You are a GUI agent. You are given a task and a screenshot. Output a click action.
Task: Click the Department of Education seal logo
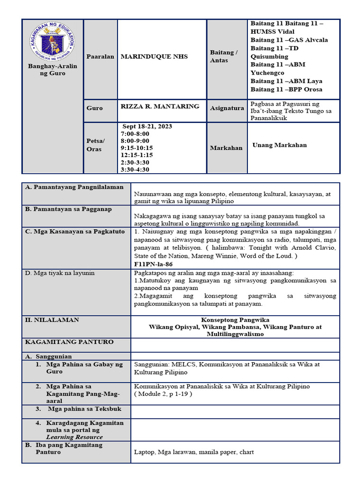click(52, 41)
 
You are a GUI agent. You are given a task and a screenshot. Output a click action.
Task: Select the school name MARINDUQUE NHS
click(154, 56)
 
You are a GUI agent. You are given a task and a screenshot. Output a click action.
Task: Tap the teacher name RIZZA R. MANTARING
click(160, 106)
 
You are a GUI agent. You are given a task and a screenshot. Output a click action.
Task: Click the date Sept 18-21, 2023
click(147, 126)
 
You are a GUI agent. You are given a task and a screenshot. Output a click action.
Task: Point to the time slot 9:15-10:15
click(137, 148)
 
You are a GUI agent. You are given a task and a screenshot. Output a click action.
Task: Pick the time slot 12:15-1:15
click(137, 155)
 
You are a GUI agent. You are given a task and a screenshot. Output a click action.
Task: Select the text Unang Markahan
click(279, 145)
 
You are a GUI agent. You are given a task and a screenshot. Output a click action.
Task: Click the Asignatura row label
click(227, 108)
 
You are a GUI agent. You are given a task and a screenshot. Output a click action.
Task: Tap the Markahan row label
click(226, 148)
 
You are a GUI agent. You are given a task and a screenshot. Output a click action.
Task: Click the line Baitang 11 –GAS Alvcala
click(289, 40)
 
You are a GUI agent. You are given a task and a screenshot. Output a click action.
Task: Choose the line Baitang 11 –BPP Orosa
click(286, 89)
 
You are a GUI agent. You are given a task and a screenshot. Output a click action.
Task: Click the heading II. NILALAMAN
click(52, 320)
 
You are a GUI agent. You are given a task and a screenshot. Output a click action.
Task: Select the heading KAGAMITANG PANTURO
click(69, 342)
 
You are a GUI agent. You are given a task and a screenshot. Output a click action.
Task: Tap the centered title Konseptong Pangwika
click(235, 320)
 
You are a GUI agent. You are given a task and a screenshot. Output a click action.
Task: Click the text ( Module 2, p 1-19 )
click(163, 394)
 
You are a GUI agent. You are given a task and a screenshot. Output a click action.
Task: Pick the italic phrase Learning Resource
click(74, 437)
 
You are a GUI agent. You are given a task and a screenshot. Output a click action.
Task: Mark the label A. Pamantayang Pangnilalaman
click(74, 187)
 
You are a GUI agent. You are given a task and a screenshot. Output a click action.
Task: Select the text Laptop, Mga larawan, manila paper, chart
click(194, 452)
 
